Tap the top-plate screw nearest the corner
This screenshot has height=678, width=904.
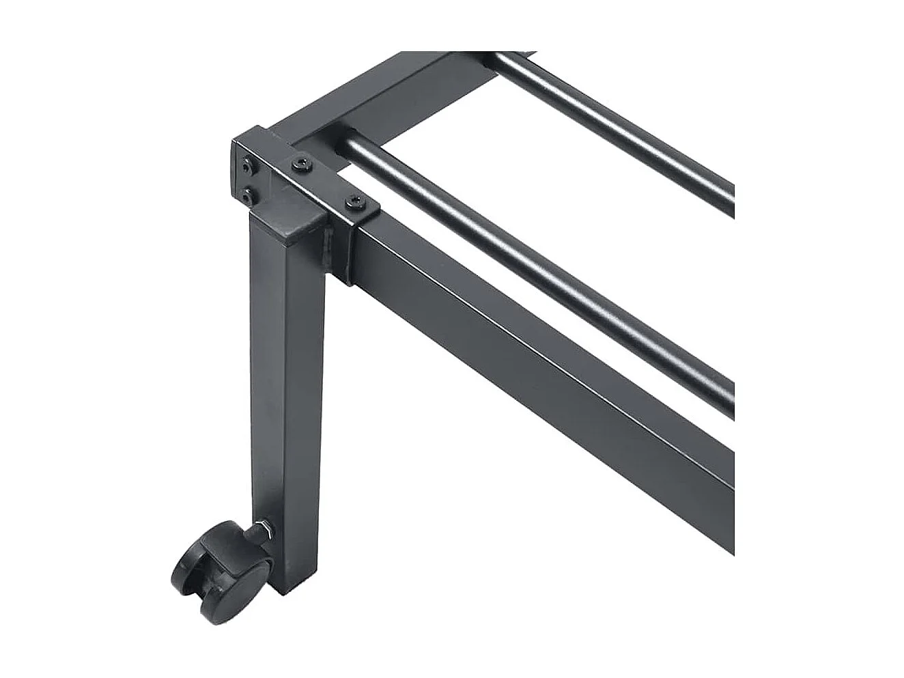301,165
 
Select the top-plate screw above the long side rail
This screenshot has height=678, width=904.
354,201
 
